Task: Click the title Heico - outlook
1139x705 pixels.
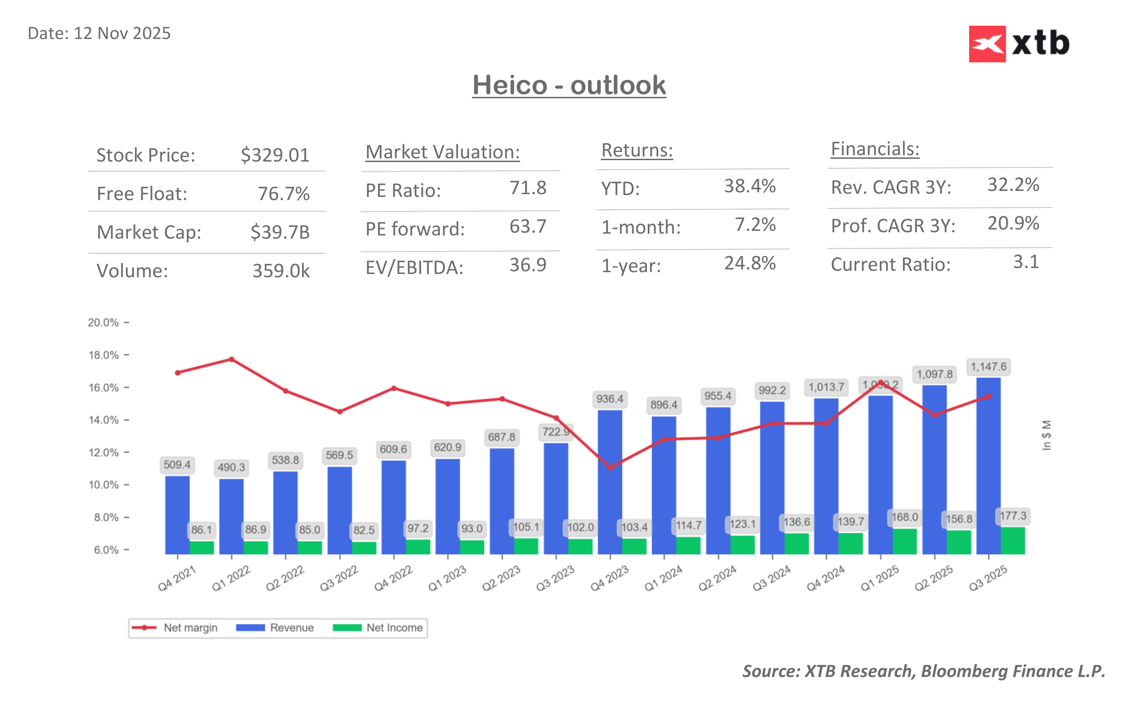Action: coord(569,85)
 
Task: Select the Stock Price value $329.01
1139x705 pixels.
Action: coord(275,155)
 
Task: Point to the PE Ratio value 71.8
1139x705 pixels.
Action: coord(527,188)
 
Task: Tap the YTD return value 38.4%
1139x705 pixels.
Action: coord(749,186)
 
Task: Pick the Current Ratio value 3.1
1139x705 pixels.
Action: coord(1026,262)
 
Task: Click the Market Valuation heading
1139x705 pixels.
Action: coord(442,152)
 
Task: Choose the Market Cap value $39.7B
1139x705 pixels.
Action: coord(280,232)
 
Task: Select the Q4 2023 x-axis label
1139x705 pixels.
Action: coord(609,578)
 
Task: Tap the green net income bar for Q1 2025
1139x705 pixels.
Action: coord(904,541)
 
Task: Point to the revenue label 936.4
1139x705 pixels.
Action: coord(609,399)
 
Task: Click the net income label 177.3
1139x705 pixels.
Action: coord(1013,516)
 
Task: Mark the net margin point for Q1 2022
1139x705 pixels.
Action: coord(232,359)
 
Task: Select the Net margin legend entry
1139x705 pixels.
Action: coord(174,627)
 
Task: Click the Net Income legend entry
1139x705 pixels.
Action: coord(378,627)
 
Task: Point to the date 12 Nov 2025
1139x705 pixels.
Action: coord(99,34)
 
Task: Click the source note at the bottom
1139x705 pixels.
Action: coord(923,671)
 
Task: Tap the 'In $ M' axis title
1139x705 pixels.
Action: coord(1046,435)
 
